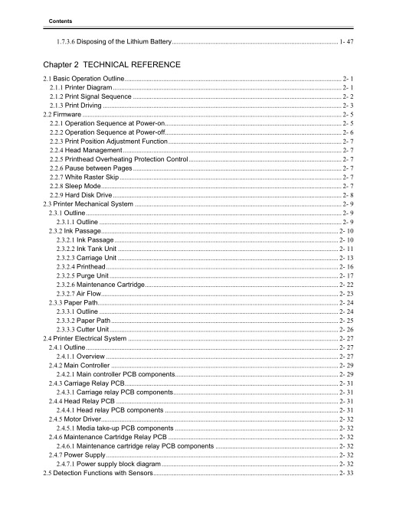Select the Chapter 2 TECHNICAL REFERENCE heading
[113, 64]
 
